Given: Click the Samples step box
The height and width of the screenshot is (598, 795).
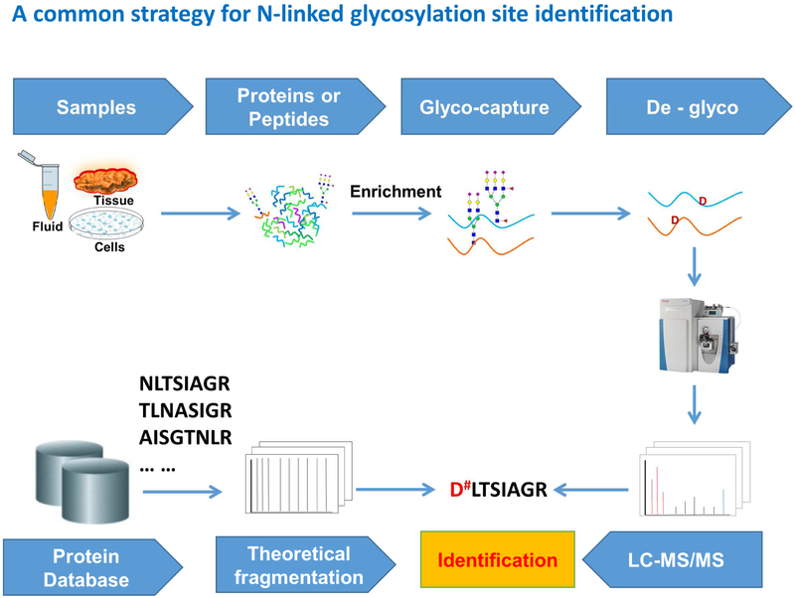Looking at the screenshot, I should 96,107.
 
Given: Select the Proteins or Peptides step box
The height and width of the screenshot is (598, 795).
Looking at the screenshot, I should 288,107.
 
